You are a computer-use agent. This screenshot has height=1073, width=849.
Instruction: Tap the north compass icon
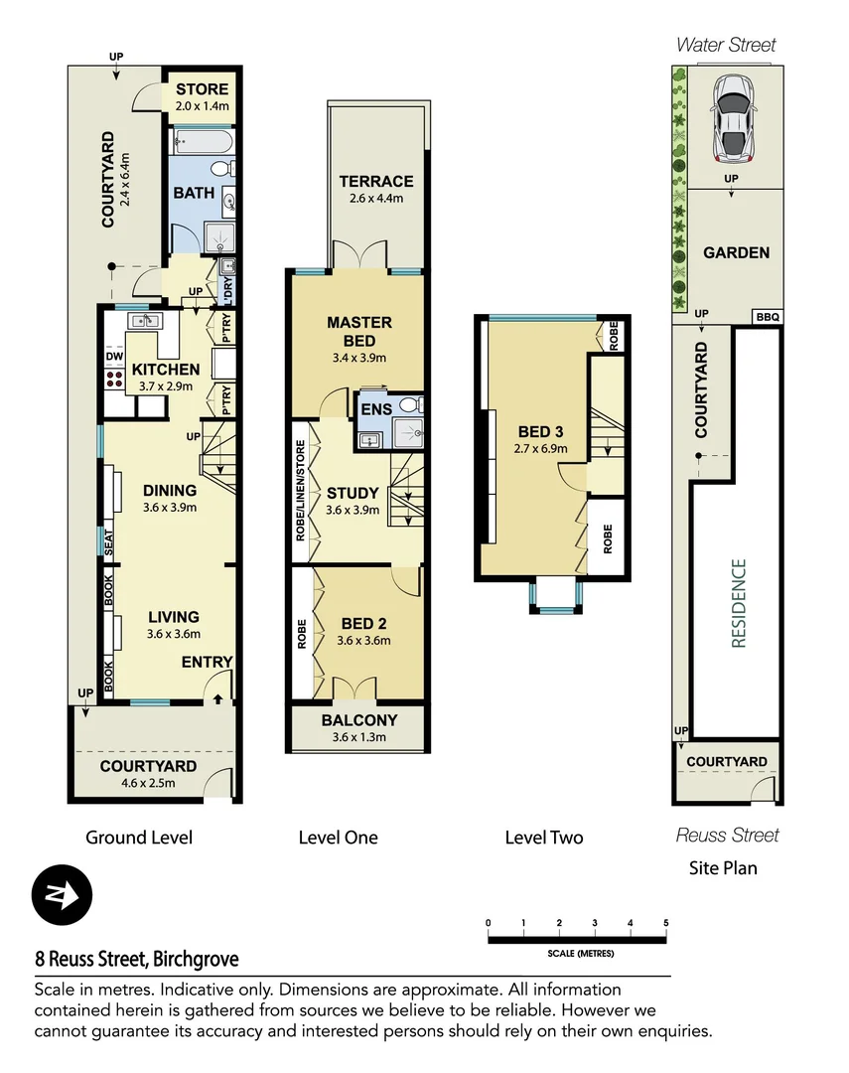tap(62, 895)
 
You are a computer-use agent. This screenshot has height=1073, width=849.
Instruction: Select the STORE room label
tap(203, 90)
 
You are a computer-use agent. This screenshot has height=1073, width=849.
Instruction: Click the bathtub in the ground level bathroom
tap(203, 144)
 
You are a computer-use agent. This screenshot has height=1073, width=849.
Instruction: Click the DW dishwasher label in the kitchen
tap(113, 357)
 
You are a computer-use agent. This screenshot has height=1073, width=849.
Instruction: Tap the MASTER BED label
tap(358, 332)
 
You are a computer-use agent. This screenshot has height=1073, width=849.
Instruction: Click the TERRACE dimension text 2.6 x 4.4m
tap(375, 198)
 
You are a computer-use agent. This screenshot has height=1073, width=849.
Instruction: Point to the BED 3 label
tap(541, 431)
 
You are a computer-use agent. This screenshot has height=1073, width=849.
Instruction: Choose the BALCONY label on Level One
tap(358, 720)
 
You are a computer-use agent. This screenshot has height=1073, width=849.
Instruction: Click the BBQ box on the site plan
tap(768, 317)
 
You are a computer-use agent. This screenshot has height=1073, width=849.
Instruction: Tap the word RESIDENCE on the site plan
tap(738, 603)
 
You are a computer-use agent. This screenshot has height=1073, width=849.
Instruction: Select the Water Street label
tap(726, 45)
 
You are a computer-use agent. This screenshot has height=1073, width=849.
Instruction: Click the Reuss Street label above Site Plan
tap(727, 835)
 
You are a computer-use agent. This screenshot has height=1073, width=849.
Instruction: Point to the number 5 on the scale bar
tap(665, 923)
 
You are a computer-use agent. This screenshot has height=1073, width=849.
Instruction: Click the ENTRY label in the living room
tap(207, 662)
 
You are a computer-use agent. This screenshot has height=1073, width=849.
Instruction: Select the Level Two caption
tap(543, 838)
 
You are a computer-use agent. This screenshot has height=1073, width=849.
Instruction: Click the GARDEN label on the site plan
tap(736, 252)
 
